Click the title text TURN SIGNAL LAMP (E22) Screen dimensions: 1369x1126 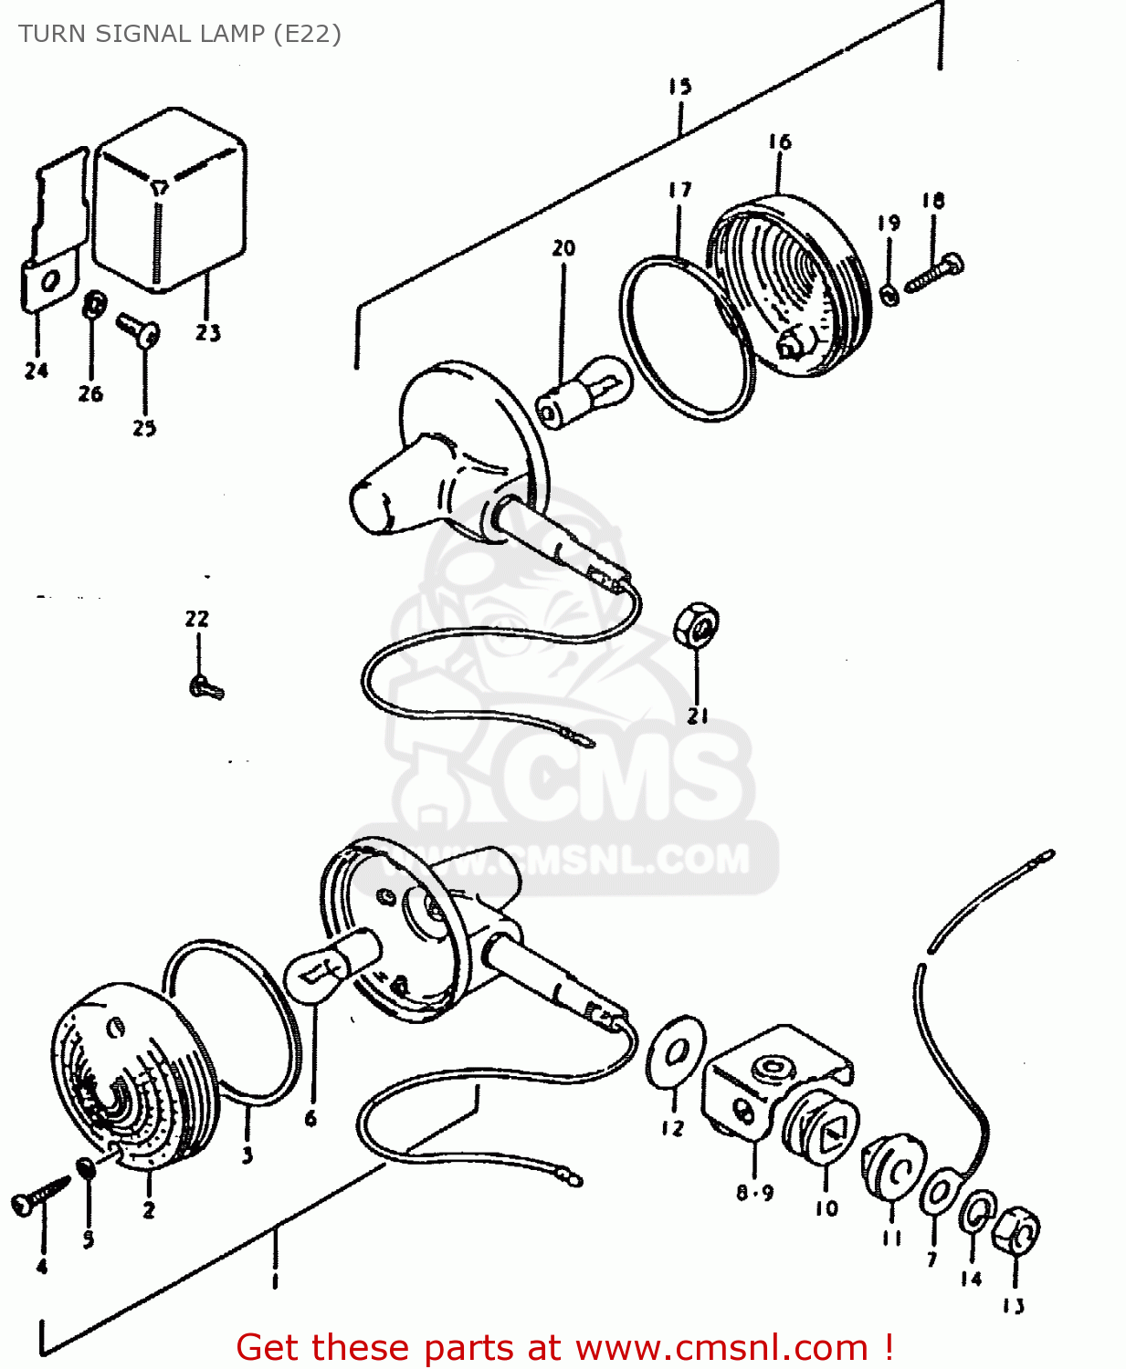[x=180, y=34]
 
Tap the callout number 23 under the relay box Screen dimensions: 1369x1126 [x=208, y=332]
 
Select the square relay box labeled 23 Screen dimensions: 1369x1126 [x=170, y=201]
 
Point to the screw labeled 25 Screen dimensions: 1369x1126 [x=140, y=329]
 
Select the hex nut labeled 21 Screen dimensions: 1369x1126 [x=696, y=625]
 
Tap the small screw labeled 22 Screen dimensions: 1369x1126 [x=205, y=686]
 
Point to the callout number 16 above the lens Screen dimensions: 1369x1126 [x=779, y=142]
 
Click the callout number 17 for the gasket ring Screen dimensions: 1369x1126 [x=679, y=190]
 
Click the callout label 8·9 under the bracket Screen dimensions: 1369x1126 [x=755, y=1193]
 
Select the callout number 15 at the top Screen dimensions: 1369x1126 [x=679, y=87]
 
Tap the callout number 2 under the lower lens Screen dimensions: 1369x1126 [x=149, y=1210]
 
